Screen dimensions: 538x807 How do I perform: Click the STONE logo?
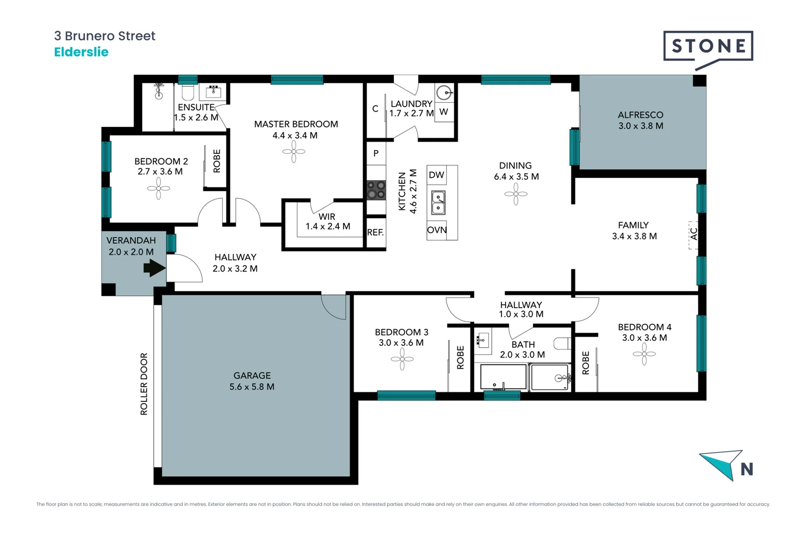[708, 47]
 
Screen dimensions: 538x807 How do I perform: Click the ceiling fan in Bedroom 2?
[158, 189]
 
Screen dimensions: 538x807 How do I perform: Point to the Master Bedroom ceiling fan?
[294, 151]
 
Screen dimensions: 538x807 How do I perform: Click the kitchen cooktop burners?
[376, 190]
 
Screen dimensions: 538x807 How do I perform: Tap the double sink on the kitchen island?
[438, 203]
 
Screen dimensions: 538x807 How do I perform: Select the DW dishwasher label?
[436, 175]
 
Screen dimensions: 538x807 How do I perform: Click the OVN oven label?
[437, 230]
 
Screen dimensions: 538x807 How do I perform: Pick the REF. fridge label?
[376, 233]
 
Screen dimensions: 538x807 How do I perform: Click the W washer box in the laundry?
[444, 112]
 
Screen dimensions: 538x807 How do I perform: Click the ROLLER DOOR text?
[144, 384]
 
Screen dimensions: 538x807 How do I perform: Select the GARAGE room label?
[252, 376]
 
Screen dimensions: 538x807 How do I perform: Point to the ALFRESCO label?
[641, 115]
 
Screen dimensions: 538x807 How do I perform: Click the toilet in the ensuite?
[188, 92]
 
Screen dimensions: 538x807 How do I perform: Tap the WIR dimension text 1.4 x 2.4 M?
[328, 227]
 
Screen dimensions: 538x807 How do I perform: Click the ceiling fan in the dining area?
[516, 194]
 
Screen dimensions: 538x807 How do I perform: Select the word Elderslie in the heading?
[81, 52]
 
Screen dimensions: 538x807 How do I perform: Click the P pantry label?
[376, 153]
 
